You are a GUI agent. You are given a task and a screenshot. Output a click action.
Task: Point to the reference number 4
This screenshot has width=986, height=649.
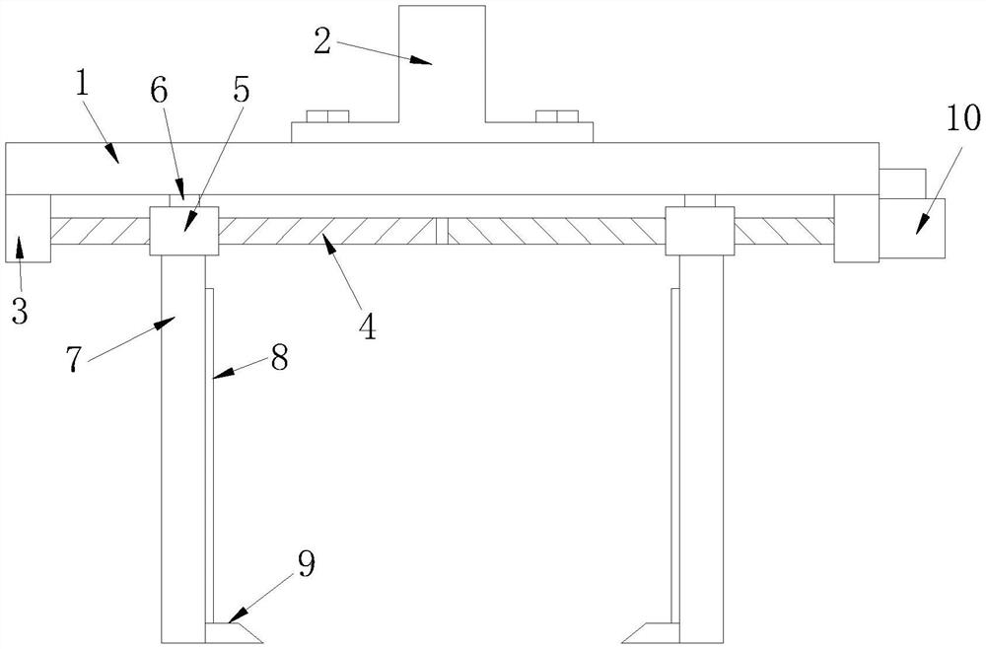click(367, 325)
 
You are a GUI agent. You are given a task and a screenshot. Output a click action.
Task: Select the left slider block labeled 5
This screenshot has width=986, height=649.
click(182, 231)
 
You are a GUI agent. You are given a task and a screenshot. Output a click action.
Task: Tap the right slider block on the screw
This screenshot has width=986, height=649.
click(699, 231)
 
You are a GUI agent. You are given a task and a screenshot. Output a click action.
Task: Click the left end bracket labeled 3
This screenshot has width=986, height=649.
click(28, 228)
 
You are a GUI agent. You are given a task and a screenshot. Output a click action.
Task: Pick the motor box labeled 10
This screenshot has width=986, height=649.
click(912, 228)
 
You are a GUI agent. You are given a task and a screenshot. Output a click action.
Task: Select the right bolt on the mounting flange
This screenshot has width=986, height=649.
click(557, 117)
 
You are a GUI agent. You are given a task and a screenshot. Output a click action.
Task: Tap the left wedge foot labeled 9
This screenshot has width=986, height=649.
click(235, 632)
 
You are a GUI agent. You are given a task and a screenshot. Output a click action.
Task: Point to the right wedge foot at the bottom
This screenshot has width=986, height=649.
click(649, 632)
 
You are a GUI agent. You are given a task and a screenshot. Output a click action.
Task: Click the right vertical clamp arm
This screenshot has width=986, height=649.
click(701, 444)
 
